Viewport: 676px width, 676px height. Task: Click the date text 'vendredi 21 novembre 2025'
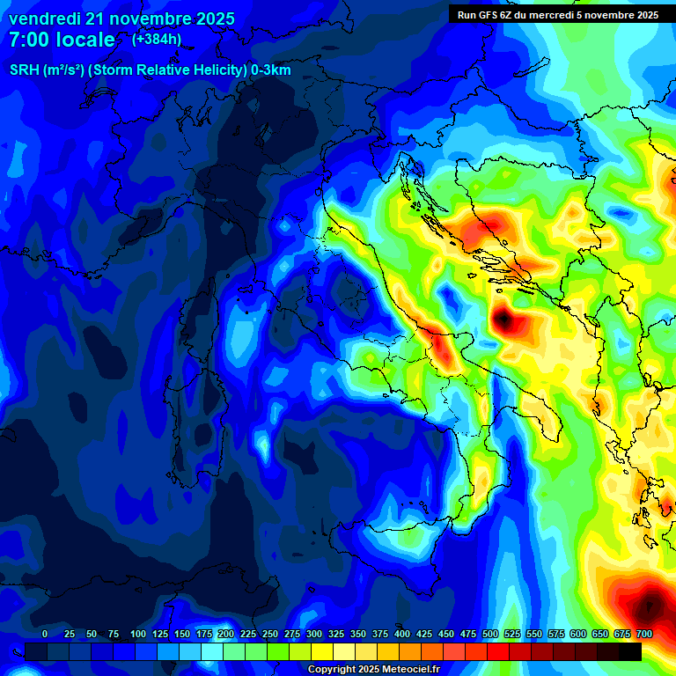(x=121, y=18)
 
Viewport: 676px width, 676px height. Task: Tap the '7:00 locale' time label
(x=62, y=40)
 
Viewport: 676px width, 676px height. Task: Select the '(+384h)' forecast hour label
(x=157, y=39)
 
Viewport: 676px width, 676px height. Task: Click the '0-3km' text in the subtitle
(x=271, y=70)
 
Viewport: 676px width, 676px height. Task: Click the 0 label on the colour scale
(x=45, y=635)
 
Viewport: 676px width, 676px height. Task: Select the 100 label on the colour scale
(x=137, y=635)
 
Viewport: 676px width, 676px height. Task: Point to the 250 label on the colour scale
(x=269, y=635)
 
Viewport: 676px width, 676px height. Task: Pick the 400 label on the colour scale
(x=402, y=635)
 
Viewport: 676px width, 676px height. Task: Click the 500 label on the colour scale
(x=490, y=635)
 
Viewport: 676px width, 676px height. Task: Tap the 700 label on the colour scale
(x=644, y=635)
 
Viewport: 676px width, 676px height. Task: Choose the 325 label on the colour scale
(x=336, y=635)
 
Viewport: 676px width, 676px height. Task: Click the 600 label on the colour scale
(x=578, y=635)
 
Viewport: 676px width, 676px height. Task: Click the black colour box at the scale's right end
(x=630, y=651)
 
